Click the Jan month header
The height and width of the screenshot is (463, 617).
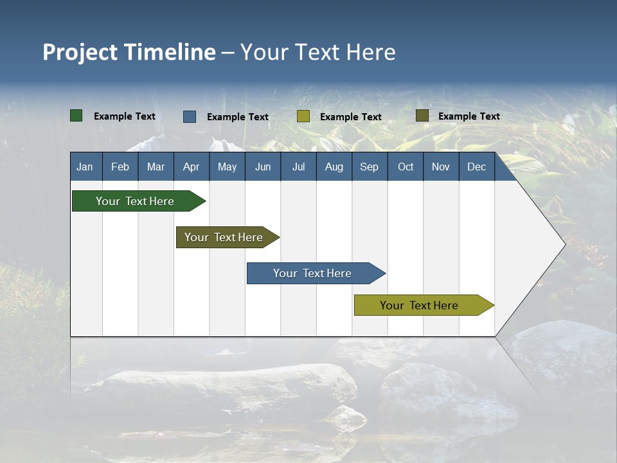pyautogui.click(x=85, y=167)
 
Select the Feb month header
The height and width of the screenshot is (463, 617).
pyautogui.click(x=120, y=167)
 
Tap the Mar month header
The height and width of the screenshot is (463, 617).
pyautogui.click(x=156, y=167)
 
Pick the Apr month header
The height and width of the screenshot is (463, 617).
pyautogui.click(x=192, y=167)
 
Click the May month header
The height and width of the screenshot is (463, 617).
pyautogui.click(x=227, y=167)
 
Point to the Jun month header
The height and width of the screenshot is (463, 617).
pyautogui.click(x=263, y=167)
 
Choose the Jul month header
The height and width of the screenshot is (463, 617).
pyautogui.click(x=298, y=167)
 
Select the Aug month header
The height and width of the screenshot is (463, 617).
pyautogui.click(x=334, y=167)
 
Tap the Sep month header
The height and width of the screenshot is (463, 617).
pyautogui.click(x=370, y=167)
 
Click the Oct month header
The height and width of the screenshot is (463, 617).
pyautogui.click(x=406, y=167)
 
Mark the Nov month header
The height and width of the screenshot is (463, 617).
pyautogui.click(x=441, y=167)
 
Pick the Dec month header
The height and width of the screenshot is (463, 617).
pyautogui.click(x=477, y=167)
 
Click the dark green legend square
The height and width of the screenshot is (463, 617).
pyautogui.click(x=76, y=116)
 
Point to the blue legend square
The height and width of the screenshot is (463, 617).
pyautogui.click(x=190, y=116)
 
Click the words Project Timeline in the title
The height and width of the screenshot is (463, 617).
pyautogui.click(x=129, y=52)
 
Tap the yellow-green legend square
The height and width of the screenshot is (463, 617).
pyautogui.click(x=303, y=116)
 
